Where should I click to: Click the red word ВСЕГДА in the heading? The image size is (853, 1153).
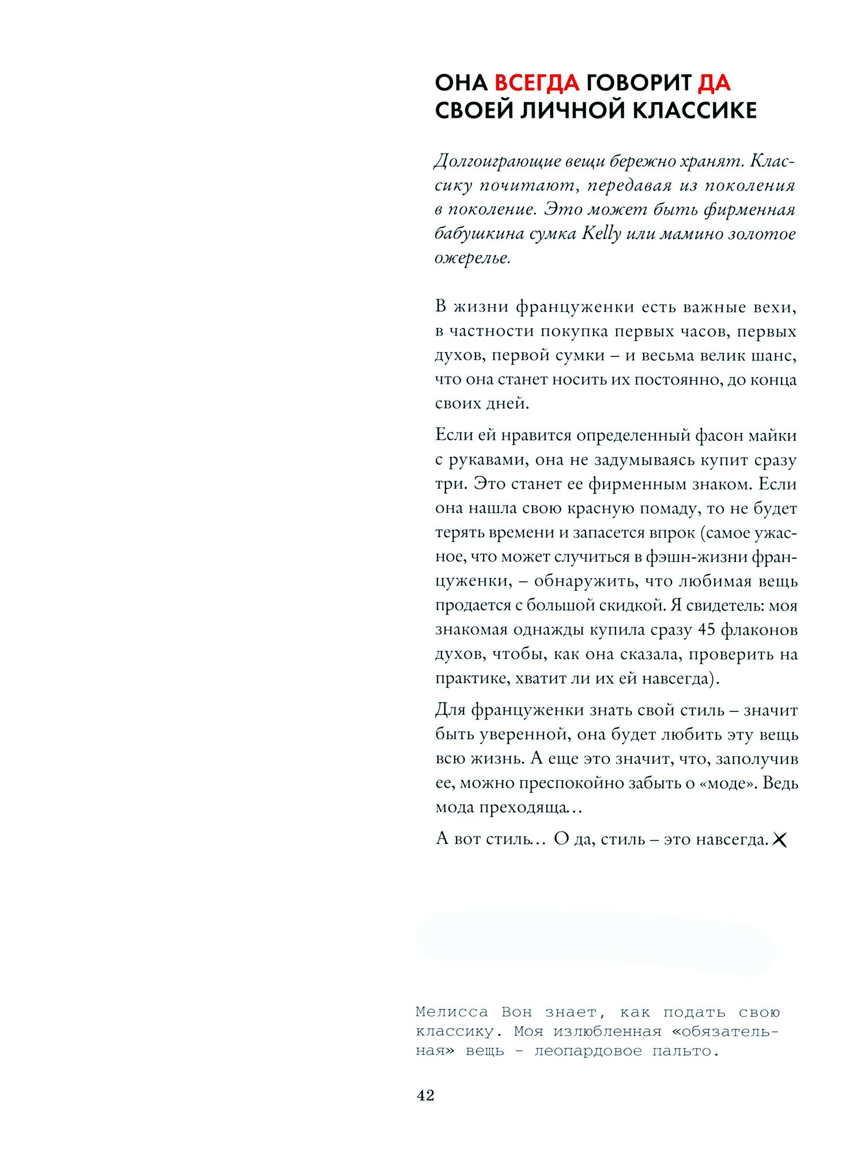click(537, 83)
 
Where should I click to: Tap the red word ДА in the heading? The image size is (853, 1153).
click(714, 83)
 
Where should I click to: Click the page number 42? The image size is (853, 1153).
click(425, 1095)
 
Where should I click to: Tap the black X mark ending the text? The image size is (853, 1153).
click(779, 840)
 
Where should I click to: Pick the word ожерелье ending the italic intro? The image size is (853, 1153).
click(471, 258)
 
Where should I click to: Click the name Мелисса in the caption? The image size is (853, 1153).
click(451, 1012)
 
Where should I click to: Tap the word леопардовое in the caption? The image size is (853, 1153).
click(587, 1051)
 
